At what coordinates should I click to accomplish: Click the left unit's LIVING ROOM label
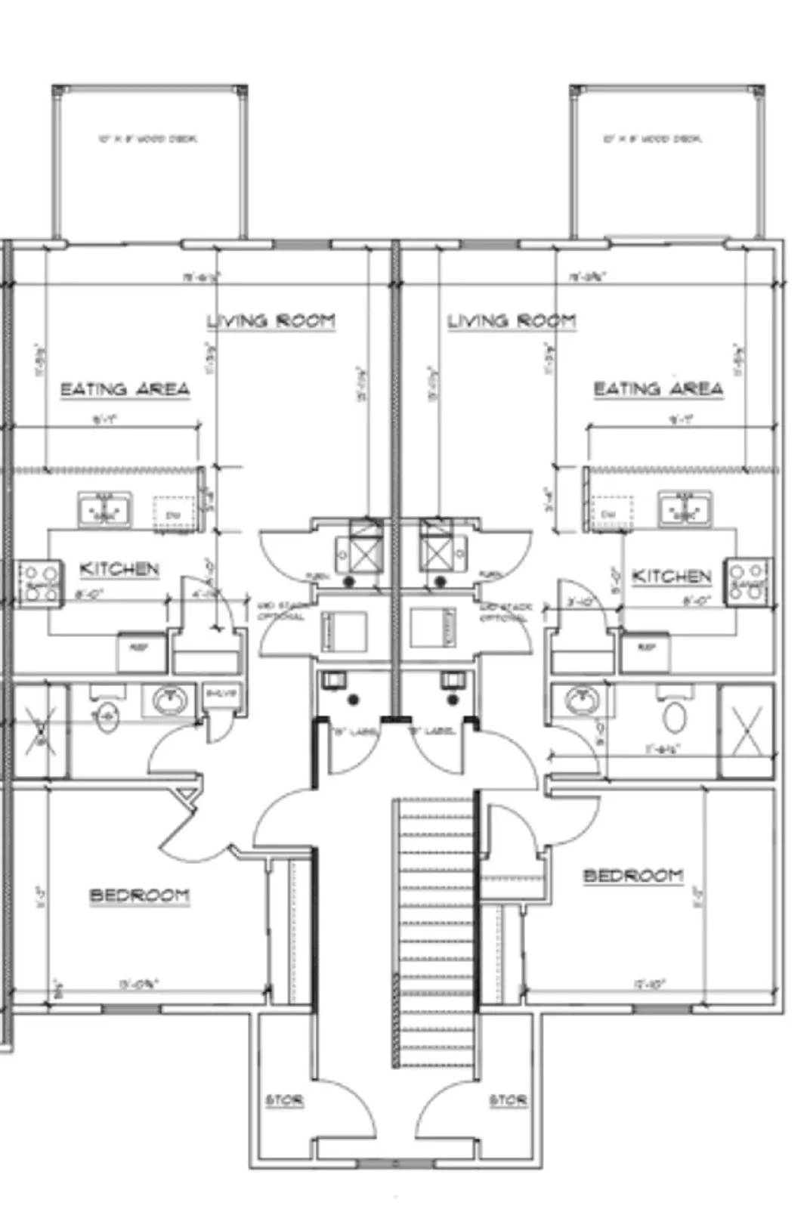point(271,321)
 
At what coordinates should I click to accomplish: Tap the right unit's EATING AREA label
point(657,389)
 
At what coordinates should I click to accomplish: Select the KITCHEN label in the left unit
point(119,569)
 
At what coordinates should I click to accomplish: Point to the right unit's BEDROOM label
point(633,876)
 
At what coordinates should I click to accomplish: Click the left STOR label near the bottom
point(284,1100)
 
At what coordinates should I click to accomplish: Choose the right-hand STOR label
point(508,1100)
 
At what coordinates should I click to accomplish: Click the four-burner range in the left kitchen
point(39,582)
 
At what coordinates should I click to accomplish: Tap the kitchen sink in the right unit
point(685,508)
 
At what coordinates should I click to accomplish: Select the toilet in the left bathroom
point(107,716)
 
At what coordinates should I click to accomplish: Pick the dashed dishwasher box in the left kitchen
point(173,514)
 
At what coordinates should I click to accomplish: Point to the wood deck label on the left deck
point(148,139)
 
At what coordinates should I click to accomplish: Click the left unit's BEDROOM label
point(140,896)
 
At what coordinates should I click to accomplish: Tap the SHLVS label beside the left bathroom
point(221,694)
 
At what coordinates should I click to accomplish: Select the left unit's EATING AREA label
point(125,390)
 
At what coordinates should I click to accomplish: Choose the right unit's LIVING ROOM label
point(512,321)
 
